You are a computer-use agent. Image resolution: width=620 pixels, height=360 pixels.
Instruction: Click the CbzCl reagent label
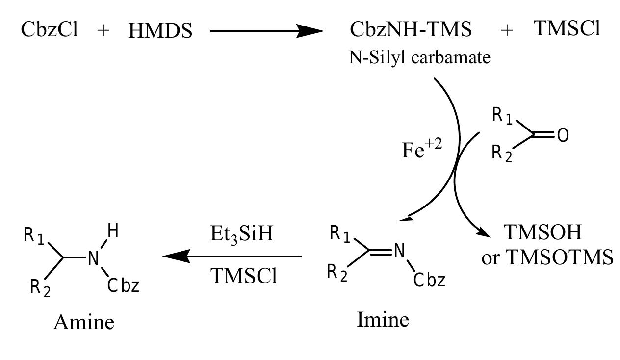50,30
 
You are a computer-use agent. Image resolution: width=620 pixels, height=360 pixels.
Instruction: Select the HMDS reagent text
160,31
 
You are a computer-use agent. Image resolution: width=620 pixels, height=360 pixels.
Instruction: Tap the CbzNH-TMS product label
411,30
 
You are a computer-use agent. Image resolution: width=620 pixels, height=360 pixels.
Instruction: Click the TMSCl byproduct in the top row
567,29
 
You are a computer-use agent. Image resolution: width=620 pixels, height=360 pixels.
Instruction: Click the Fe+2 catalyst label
421,150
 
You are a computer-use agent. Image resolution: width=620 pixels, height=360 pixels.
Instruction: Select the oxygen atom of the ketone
563,136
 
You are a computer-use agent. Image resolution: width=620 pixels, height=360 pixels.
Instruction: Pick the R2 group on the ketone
501,154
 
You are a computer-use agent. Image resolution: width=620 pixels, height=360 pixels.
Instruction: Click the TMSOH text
543,233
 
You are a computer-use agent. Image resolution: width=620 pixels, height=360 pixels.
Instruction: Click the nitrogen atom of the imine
399,251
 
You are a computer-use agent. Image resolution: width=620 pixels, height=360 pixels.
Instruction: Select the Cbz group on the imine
429,281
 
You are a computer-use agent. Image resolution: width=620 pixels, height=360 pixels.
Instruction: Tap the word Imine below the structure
383,320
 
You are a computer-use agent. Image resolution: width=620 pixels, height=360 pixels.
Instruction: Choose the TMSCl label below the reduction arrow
244,277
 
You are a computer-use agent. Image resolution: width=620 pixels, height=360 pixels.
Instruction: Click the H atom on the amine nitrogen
112,231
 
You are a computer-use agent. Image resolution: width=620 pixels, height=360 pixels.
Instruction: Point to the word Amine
84,322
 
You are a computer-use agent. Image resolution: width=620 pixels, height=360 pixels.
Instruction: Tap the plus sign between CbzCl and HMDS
103,31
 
